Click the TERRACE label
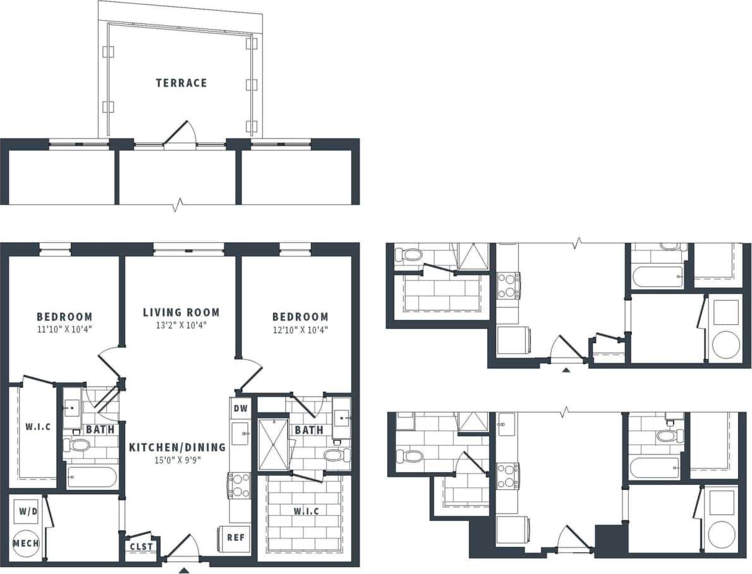(x=181, y=83)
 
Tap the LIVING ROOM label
(x=181, y=312)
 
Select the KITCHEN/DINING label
(x=177, y=448)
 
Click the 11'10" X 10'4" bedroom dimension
(x=64, y=329)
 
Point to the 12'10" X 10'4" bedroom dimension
(x=300, y=329)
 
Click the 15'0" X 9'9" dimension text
(x=177, y=461)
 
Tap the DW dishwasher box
(x=241, y=408)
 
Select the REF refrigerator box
(x=235, y=537)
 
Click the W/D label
(x=25, y=511)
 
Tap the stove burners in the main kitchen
(x=240, y=485)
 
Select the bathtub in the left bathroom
(x=92, y=477)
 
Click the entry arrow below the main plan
(x=184, y=570)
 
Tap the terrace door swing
(x=181, y=133)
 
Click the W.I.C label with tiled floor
(x=305, y=511)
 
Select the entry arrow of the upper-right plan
(x=566, y=369)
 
